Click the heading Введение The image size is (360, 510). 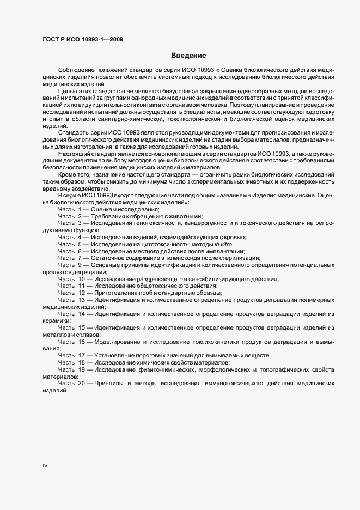click(x=188, y=56)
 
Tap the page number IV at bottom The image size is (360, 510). click(x=45, y=466)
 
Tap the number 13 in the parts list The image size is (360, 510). click(x=82, y=300)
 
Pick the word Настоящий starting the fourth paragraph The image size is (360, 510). click(x=74, y=154)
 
